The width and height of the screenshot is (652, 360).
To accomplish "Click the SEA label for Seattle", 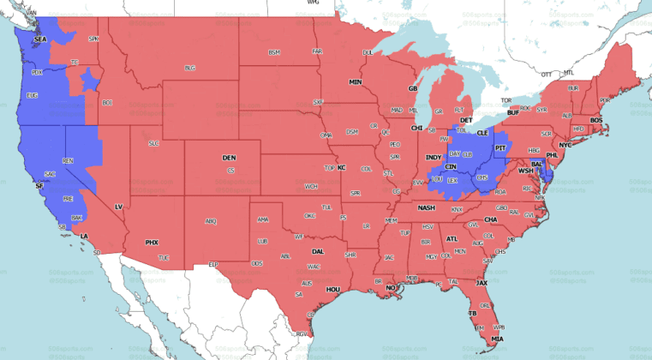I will [39, 39].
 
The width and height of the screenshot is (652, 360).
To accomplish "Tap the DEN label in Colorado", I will [229, 158].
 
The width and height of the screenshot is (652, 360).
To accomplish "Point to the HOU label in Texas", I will [333, 290].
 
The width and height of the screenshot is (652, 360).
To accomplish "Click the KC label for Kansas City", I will [341, 167].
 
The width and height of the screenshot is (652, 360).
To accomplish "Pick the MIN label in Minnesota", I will [356, 81].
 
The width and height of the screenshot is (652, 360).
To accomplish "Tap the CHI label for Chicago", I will [417, 128].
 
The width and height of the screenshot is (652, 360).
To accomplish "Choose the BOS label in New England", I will [596, 120].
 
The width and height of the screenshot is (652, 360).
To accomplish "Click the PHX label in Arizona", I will [152, 243].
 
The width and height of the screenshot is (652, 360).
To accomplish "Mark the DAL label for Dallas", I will [318, 251].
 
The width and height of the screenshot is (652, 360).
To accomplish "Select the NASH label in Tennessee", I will [426, 208].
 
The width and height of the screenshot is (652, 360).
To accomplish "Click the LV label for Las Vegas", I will [119, 206].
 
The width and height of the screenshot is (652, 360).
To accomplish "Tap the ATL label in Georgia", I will [452, 239].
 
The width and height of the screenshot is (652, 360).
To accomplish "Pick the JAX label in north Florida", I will [482, 282].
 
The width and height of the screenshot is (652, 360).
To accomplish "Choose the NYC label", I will [565, 145].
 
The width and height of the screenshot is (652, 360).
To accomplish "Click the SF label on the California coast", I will [39, 185].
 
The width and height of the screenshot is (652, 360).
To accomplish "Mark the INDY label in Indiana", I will [433, 158].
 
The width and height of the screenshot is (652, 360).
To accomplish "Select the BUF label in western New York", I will [513, 113].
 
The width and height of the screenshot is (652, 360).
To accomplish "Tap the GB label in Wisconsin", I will [412, 89].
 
